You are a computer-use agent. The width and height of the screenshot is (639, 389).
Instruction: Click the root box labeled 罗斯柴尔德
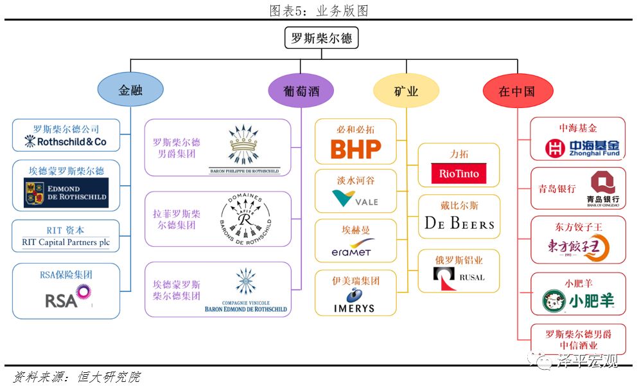click(x=322, y=38)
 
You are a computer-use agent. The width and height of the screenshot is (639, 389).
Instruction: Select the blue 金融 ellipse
click(x=130, y=91)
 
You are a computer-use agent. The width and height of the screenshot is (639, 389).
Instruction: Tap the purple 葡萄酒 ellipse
click(x=301, y=91)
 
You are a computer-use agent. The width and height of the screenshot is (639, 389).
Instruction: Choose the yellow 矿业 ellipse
click(x=406, y=91)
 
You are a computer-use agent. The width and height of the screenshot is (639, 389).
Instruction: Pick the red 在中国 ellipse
click(x=517, y=91)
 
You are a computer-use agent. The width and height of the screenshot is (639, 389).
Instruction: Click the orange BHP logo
click(x=355, y=149)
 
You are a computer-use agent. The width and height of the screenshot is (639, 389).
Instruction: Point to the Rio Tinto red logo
click(x=459, y=174)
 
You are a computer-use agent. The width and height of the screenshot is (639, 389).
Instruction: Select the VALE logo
click(x=355, y=199)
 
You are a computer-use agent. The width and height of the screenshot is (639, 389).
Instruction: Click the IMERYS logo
click(x=354, y=302)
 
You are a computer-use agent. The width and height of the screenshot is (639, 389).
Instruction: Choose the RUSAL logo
click(x=459, y=277)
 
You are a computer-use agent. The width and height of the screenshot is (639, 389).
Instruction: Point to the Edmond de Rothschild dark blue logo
click(x=66, y=193)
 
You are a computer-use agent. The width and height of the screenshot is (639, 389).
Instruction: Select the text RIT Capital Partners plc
click(x=66, y=242)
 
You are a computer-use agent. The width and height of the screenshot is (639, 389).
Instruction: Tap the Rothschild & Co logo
click(x=66, y=141)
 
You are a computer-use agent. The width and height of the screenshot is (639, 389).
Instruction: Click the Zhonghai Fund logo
click(x=582, y=149)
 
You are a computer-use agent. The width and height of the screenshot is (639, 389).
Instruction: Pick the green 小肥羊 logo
click(x=578, y=300)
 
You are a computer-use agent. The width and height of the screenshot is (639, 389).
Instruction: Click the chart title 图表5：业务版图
click(x=319, y=10)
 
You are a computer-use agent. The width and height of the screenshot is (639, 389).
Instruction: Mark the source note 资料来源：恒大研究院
click(x=76, y=377)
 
